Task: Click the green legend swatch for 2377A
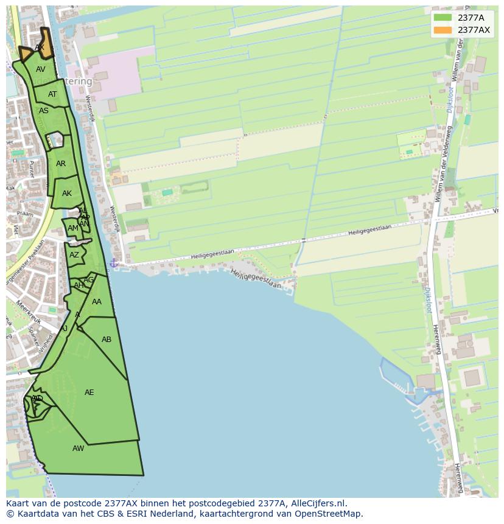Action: click(443, 18)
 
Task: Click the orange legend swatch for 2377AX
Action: click(443, 30)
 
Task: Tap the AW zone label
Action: click(79, 449)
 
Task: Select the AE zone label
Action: click(89, 393)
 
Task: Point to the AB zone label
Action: click(107, 340)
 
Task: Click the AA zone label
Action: click(97, 302)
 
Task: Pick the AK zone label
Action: click(67, 194)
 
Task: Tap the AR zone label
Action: click(61, 164)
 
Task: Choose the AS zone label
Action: click(44, 111)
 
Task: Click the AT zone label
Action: click(52, 94)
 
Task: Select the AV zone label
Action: click(41, 69)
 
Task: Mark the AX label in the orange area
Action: click(40, 47)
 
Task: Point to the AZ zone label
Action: click(74, 255)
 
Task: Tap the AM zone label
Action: click(73, 228)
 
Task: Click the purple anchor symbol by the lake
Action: click(113, 263)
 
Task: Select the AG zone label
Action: click(89, 280)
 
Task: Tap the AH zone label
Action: click(79, 285)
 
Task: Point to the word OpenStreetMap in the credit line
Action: click(329, 514)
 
